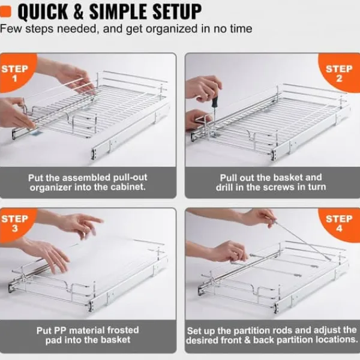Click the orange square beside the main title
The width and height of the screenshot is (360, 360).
5,11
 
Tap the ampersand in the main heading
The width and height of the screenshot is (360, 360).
79,11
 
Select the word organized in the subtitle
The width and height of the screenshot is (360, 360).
172,29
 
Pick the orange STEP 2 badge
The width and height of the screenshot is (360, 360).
340,73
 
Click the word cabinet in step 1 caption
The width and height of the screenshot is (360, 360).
128,187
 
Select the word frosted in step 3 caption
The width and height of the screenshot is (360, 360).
123,330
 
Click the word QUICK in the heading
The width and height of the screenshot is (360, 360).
43,12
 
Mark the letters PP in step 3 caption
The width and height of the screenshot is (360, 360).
61,331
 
